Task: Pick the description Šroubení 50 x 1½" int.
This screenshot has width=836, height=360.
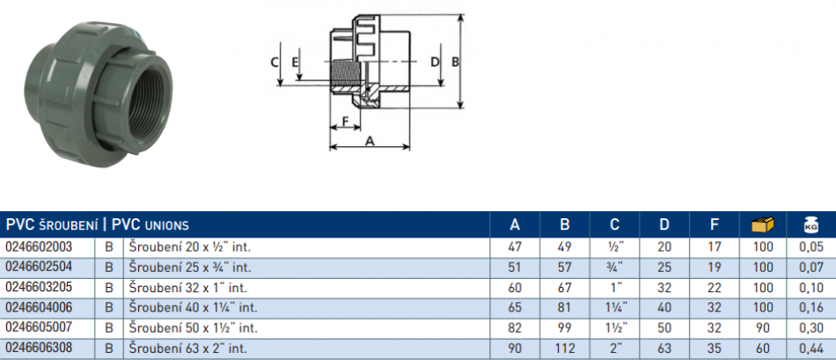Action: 194,327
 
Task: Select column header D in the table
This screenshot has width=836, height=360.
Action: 664,224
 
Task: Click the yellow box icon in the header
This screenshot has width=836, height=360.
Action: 762,224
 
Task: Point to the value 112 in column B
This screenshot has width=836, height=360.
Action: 565,348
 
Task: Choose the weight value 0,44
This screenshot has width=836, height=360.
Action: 810,348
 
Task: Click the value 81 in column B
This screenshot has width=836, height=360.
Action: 565,308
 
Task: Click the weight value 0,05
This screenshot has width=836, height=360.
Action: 810,247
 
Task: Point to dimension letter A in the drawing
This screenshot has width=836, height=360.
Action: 370,140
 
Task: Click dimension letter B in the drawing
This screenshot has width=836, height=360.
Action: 455,62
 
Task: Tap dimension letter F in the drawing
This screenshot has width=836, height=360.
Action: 345,121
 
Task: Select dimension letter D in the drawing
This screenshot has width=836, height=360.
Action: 434,62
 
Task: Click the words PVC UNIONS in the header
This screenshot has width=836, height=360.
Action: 150,224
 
